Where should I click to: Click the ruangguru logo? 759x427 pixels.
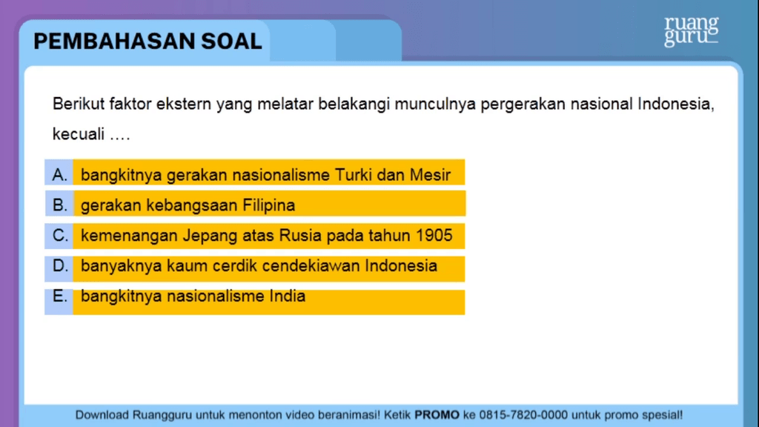tap(692, 31)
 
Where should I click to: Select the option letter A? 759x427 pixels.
tap(59, 174)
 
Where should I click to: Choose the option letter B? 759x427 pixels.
tap(59, 205)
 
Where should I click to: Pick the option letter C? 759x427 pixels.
tap(60, 235)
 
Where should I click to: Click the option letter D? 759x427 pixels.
tap(60, 265)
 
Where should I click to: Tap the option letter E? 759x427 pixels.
tap(59, 296)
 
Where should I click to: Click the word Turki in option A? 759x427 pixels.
tap(354, 175)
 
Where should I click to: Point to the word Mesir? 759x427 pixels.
tap(431, 175)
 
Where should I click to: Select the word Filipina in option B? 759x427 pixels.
tap(268, 205)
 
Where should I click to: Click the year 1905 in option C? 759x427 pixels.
tap(434, 235)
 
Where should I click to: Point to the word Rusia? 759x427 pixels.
tap(301, 235)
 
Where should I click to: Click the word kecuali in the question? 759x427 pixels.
tap(79, 134)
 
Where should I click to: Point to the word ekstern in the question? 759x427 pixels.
tap(184, 104)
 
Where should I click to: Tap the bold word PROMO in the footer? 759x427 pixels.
tap(437, 415)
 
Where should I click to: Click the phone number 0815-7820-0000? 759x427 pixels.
tap(523, 415)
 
